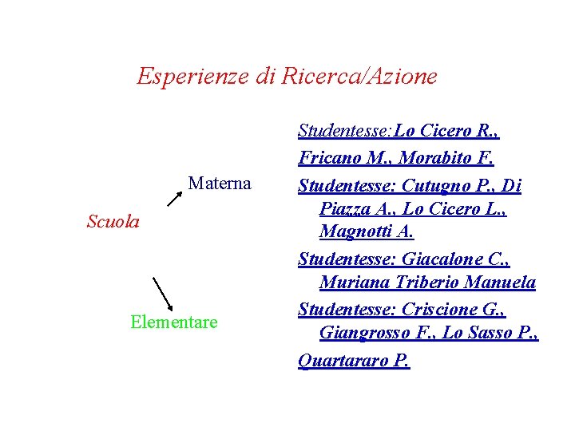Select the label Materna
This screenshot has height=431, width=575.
click(x=220, y=184)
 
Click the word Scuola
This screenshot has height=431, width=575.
click(x=113, y=221)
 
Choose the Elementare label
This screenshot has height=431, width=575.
click(x=173, y=322)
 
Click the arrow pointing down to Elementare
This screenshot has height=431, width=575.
click(x=164, y=294)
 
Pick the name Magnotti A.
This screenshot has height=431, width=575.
click(x=367, y=232)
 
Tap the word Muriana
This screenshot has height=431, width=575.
click(x=353, y=283)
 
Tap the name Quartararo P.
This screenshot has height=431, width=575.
click(x=354, y=361)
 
